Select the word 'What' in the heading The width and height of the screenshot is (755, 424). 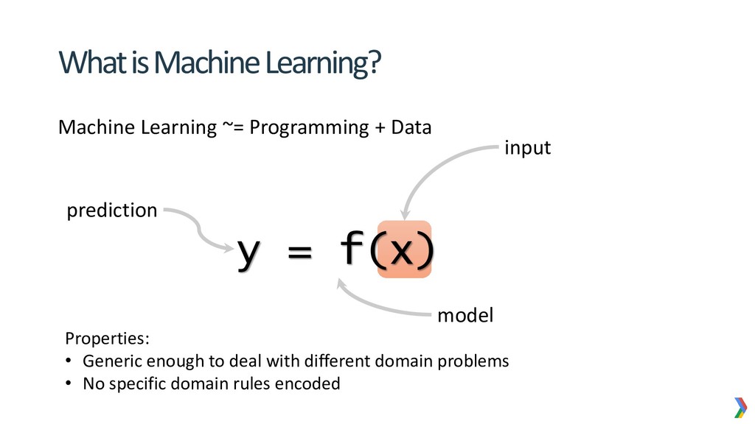[88, 64]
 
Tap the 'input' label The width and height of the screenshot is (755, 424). [527, 148]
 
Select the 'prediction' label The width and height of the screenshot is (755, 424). [112, 211]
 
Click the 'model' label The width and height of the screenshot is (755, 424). [465, 316]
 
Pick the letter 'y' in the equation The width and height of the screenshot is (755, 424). [248, 252]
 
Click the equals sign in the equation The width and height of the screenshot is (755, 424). [299, 253]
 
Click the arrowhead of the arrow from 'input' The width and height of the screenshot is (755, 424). [403, 213]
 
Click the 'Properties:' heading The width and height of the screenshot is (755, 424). [107, 339]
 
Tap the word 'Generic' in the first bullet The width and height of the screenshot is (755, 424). [110, 361]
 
